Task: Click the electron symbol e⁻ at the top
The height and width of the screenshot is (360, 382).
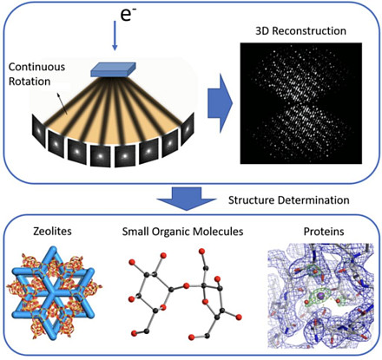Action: pos(128,15)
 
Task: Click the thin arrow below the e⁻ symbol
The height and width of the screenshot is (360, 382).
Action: pos(115,36)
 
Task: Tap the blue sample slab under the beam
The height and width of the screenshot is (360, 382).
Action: pos(113,69)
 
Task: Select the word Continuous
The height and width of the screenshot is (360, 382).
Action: pos(36,67)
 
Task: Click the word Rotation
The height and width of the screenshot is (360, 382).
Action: pos(30,82)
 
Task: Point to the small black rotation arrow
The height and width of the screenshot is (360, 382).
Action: pos(62,103)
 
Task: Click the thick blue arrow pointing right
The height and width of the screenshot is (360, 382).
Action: pos(220,103)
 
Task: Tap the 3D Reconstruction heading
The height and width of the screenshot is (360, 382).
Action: pos(300,31)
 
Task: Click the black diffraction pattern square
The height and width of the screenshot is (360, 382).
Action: pos(301,103)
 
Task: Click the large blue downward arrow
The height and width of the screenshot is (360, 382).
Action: pos(187,199)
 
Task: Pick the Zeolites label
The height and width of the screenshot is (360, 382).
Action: pos(52,232)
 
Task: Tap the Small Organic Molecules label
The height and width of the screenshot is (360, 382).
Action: pos(182,232)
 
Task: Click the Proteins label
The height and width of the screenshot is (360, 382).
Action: pos(324,232)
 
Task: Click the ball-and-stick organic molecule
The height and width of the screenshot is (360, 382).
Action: pos(185,296)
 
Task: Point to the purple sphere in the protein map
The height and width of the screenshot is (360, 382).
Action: pos(320,296)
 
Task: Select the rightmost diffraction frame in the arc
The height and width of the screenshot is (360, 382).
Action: pos(188,128)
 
